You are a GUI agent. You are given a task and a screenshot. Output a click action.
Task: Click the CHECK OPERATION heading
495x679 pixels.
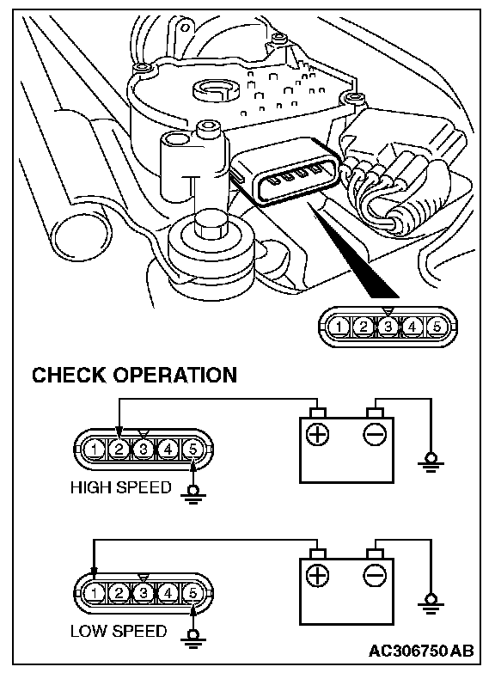tap(135, 375)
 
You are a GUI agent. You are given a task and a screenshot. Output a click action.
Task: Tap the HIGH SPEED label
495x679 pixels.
tap(121, 487)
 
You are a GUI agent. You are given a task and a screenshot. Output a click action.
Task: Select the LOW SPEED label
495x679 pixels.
tap(119, 631)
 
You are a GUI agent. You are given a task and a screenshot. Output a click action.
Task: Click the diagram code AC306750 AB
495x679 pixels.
tap(421, 651)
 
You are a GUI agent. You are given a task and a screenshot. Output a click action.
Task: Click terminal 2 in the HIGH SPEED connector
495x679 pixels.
tap(119, 450)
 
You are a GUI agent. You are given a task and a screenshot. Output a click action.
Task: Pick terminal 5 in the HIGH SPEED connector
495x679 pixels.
tap(192, 450)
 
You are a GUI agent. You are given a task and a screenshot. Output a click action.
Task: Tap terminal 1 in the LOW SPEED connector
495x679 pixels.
tap(94, 593)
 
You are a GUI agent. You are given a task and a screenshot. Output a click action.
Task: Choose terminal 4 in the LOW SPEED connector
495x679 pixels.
tap(168, 593)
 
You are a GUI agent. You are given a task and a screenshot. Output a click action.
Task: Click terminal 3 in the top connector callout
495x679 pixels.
tap(388, 327)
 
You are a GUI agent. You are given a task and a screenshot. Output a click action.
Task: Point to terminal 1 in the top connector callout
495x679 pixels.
tap(339, 327)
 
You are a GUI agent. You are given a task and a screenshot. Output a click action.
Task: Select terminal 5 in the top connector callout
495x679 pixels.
tap(437, 327)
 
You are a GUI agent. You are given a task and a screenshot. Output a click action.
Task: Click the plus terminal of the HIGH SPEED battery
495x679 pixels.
tap(317, 434)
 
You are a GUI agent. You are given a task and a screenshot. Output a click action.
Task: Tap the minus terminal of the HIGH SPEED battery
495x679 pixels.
tap(375, 434)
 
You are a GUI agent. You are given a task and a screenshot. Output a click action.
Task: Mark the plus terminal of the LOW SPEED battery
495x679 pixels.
tap(317, 576)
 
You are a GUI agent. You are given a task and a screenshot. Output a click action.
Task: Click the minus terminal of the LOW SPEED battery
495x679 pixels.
tap(375, 576)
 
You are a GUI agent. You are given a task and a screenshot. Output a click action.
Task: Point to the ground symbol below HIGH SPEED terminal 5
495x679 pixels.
tap(193, 495)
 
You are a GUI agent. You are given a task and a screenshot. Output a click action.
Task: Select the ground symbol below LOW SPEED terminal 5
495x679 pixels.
tap(193, 639)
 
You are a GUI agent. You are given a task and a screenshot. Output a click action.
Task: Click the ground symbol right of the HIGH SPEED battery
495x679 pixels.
tap(431, 462)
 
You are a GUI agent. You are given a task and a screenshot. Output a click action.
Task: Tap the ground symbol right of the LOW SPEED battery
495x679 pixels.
tap(431, 604)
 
